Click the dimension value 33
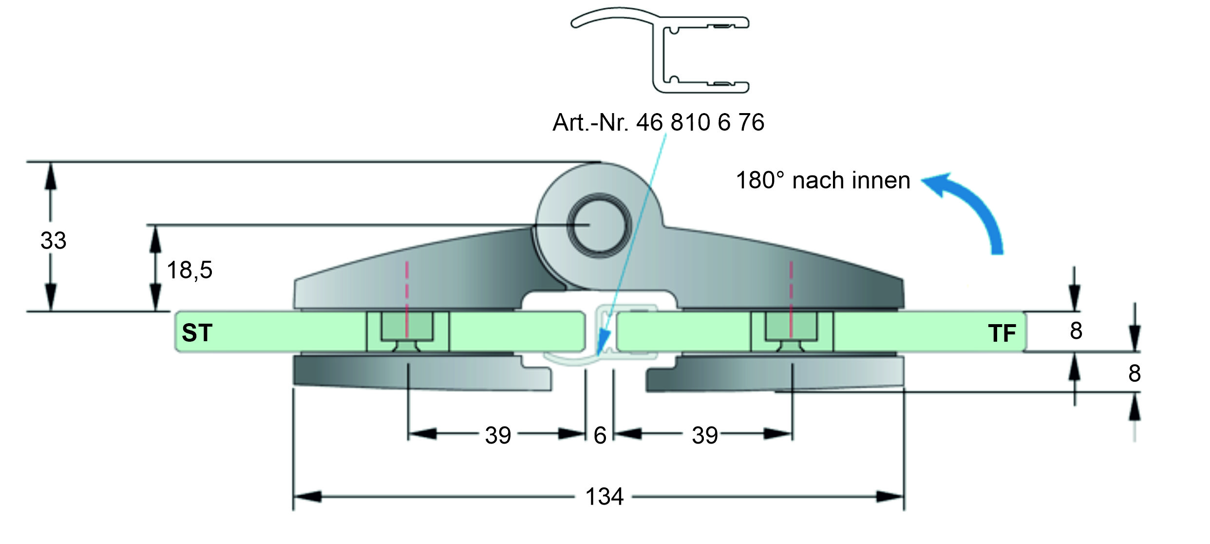pyautogui.click(x=53, y=241)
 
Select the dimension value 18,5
pyautogui.click(x=189, y=270)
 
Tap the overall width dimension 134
pyautogui.click(x=605, y=497)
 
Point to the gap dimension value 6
pyautogui.click(x=600, y=435)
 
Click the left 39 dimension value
pyautogui.click(x=498, y=435)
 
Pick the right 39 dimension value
pyautogui.click(x=705, y=435)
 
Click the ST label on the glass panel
pyautogui.click(x=197, y=333)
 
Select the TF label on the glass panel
pyautogui.click(x=1002, y=333)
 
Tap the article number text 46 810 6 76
pyautogui.click(x=700, y=122)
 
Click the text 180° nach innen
pyautogui.click(x=823, y=180)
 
